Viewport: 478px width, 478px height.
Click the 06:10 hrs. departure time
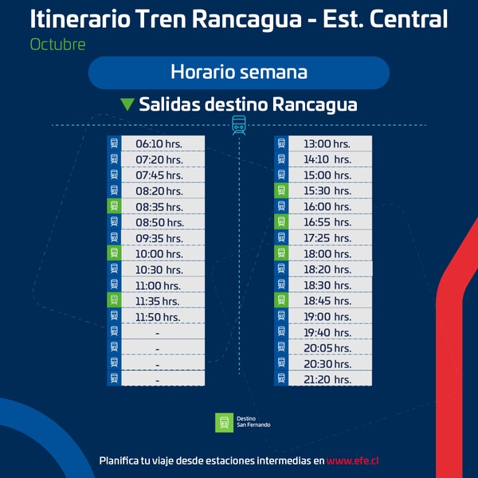[159, 143]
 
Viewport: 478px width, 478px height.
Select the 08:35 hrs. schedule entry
[159, 206]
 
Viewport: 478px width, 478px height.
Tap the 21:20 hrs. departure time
[327, 379]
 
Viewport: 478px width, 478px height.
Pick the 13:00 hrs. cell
[327, 143]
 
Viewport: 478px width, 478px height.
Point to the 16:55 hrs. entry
[327, 222]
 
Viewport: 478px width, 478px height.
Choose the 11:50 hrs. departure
[158, 317]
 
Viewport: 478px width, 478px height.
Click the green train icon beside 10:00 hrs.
[114, 253]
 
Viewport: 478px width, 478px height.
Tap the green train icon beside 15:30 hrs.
[281, 190]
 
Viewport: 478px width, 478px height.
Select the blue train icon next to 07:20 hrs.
[114, 159]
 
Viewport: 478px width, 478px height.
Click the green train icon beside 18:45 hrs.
[281, 300]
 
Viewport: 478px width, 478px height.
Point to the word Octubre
[57, 45]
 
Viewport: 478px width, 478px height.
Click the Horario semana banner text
[239, 72]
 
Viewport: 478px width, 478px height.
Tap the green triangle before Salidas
[127, 104]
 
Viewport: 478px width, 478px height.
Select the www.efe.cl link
[352, 460]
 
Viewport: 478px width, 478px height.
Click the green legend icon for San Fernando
[224, 422]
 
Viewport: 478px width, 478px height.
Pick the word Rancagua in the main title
[247, 19]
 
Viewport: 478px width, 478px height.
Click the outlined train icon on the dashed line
[239, 125]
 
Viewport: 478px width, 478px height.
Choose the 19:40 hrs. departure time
[327, 332]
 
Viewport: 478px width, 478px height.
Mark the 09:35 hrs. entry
[159, 238]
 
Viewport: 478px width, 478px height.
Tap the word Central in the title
[409, 19]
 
